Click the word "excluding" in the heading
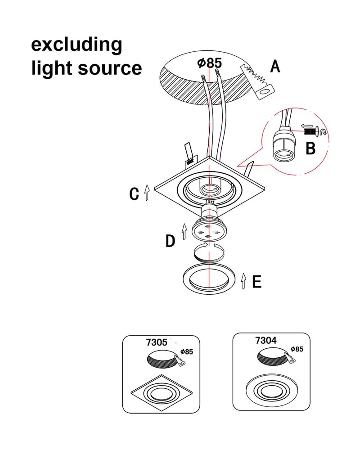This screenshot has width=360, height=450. pos(76,45)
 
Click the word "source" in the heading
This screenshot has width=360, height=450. pos(110,68)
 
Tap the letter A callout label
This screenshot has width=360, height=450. pos(275,66)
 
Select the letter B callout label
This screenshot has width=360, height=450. pos(310,148)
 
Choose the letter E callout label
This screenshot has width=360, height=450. pos(257,281)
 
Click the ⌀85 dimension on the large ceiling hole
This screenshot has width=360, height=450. pos(210,63)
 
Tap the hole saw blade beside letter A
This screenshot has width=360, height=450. pos(257,81)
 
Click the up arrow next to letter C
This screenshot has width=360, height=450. pos(147,192)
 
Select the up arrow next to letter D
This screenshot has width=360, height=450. pos(184,231)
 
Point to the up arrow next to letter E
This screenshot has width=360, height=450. pos(244,281)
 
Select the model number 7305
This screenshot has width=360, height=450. pos(157,342)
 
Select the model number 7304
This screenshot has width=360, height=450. pos(266,340)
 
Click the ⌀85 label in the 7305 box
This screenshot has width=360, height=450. pos(187,351)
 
